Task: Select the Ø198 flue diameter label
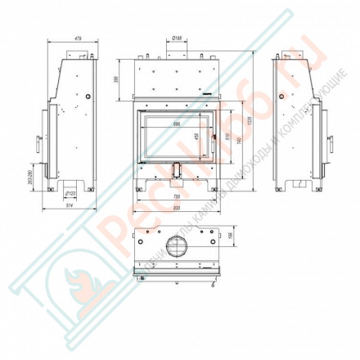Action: pyautogui.click(x=178, y=38)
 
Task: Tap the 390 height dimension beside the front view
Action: pyautogui.click(x=116, y=79)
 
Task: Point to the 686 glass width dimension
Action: pyautogui.click(x=176, y=124)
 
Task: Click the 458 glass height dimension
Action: pyautogui.click(x=196, y=137)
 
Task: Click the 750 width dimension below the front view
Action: pyautogui.click(x=176, y=197)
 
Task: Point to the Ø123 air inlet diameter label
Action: pyautogui.click(x=70, y=193)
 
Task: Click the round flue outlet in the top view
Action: pyautogui.click(x=175, y=245)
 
